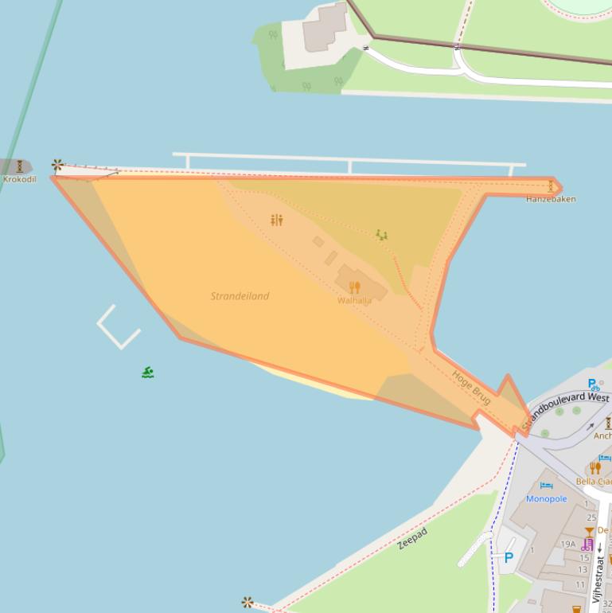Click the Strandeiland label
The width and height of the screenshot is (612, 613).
240,296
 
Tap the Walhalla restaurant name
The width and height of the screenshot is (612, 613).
354,301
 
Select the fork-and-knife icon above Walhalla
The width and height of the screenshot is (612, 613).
354,287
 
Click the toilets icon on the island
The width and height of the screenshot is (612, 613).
276,220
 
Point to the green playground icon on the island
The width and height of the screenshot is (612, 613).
381,235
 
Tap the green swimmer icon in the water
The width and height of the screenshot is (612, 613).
147,372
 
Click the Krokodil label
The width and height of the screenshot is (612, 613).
19,179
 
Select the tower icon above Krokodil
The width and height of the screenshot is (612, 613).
19,166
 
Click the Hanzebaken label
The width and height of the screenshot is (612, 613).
551,199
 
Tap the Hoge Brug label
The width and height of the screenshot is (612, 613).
470,388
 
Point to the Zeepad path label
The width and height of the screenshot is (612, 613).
412,539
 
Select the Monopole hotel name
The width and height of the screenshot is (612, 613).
546,499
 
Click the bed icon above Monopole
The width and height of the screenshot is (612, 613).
546,486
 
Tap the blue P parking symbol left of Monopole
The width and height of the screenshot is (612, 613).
509,557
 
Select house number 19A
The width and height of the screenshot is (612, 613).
567,545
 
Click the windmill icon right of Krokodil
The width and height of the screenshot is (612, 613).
57,166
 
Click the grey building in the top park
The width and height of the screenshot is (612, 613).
325,28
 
